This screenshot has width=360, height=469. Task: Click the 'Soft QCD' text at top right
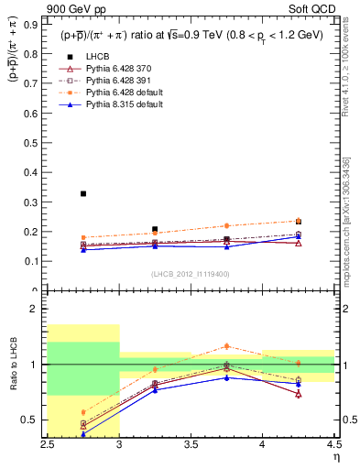pyautogui.click(x=314, y=11)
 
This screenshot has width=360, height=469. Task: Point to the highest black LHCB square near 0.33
pyautogui.click(x=83, y=193)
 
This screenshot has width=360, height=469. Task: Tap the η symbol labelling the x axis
pyautogui.click(x=335, y=457)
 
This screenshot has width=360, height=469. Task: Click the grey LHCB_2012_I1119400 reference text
pyautogui.click(x=191, y=273)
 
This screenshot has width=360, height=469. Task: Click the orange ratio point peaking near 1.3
pyautogui.click(x=226, y=345)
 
